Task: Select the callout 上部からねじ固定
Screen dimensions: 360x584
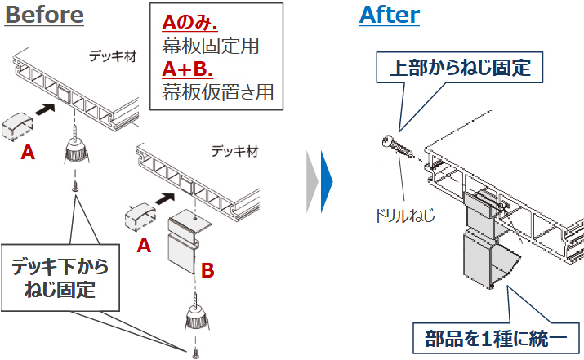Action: [x=461, y=67]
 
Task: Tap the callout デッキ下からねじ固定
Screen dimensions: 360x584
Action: [x=59, y=277]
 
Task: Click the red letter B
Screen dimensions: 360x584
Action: [x=207, y=270]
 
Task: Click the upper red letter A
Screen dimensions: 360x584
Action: [x=28, y=152]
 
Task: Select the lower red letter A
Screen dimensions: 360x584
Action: [x=144, y=243]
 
